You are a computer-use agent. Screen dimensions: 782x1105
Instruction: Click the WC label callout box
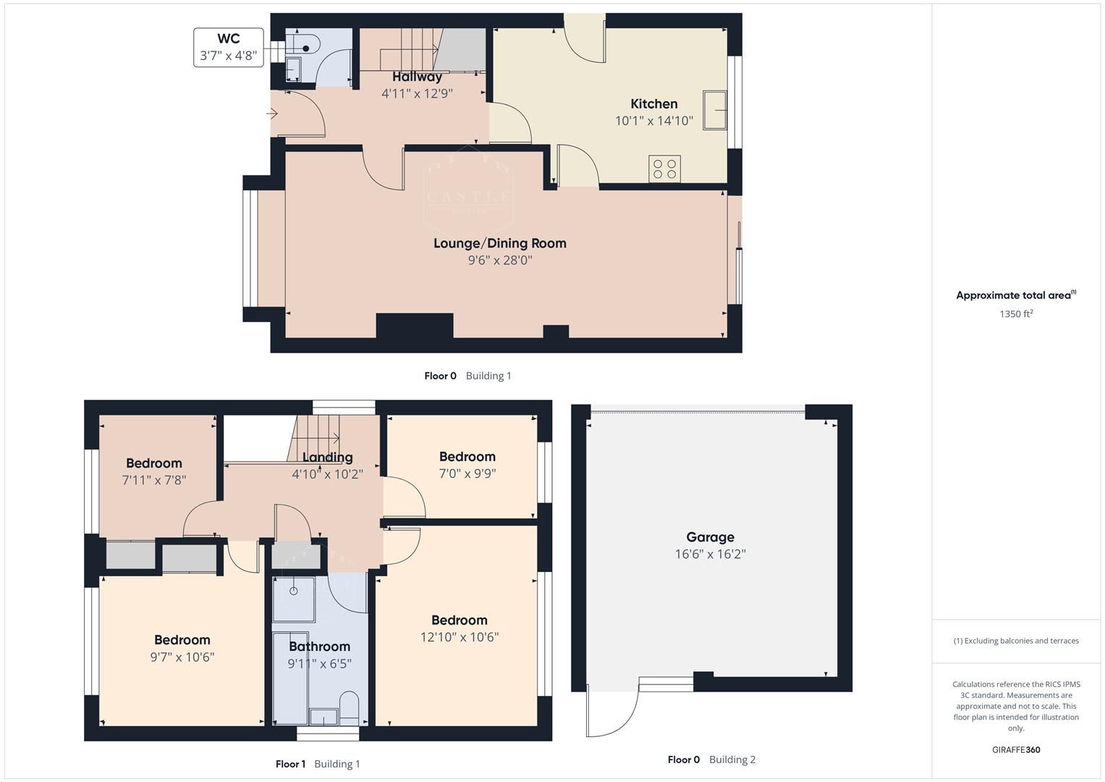click(228, 47)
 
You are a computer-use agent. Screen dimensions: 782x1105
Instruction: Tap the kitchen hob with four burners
click(664, 169)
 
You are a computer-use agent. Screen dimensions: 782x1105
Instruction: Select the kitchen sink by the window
click(714, 110)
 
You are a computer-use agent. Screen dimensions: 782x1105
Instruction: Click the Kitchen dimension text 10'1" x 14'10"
click(653, 121)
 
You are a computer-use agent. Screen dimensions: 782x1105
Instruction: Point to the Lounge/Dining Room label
click(499, 243)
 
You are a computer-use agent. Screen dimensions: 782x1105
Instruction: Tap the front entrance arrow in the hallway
click(273, 114)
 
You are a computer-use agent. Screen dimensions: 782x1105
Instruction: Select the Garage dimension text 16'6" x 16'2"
click(709, 555)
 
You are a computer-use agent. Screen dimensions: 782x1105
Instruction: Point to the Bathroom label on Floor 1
click(319, 647)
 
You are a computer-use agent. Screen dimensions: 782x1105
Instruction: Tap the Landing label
click(327, 457)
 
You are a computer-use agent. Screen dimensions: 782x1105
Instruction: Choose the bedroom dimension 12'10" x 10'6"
click(459, 637)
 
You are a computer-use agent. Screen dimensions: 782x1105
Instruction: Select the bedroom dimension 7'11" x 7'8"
click(153, 480)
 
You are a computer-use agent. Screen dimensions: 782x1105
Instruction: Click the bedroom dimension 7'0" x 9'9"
click(467, 474)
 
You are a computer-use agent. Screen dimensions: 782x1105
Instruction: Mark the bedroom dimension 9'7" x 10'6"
click(182, 657)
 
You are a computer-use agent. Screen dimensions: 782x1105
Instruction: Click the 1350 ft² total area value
click(1016, 314)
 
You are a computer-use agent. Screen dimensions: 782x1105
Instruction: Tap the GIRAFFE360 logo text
click(1016, 749)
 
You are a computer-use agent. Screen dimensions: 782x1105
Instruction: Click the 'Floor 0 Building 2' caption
click(711, 760)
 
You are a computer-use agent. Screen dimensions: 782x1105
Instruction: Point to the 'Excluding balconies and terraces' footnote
click(1016, 641)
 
